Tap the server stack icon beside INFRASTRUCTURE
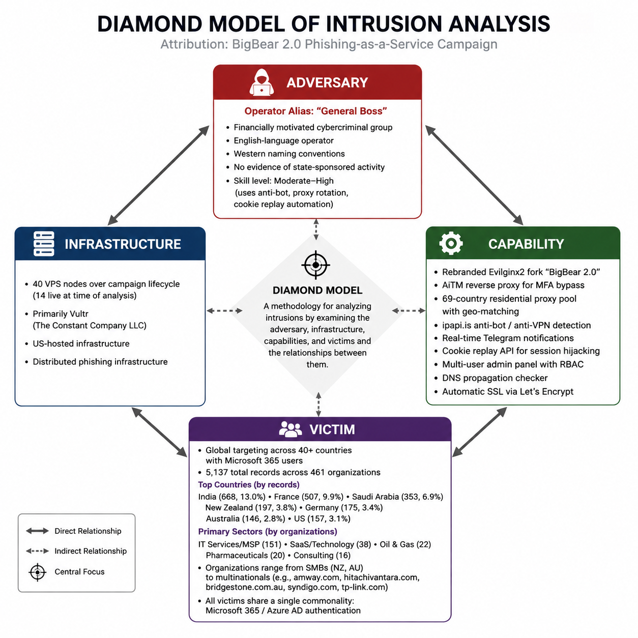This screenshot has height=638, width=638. tap(44, 244)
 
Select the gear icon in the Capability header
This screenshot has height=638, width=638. tap(451, 243)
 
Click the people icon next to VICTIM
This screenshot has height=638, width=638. tap(290, 429)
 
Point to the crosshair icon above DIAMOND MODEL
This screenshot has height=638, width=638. tap(315, 265)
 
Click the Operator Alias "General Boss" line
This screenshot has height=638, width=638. tap(315, 111)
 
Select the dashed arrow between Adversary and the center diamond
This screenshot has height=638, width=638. tap(316, 229)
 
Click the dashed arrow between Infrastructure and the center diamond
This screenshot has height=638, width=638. tap(224, 310)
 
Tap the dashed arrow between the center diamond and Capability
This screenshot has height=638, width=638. tap(409, 310)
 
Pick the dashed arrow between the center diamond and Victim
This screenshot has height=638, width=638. tap(318, 404)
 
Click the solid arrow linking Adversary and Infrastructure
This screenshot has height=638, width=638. tap(159, 175)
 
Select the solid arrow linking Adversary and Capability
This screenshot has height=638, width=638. tap(474, 175)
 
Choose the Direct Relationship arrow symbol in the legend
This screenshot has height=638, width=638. tap(38, 531)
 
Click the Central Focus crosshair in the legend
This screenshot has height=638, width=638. tap(38, 572)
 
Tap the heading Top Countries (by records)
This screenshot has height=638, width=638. tap(249, 485)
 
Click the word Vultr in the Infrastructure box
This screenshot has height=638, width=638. tap(78, 313)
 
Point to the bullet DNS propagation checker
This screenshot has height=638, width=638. tap(495, 378)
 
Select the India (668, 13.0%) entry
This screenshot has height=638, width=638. tap(232, 497)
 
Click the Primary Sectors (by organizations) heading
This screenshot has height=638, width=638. tap(268, 531)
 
